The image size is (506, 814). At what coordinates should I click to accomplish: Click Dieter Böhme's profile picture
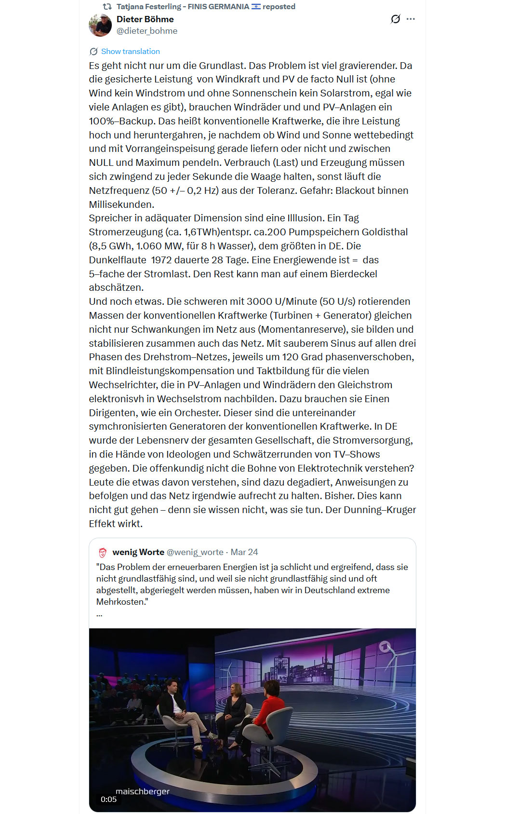pos(100,25)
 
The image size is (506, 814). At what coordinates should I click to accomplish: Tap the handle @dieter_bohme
pos(147,31)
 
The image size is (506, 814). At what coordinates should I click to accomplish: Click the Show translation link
pos(130,52)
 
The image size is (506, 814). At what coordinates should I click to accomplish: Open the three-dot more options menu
pos(411,19)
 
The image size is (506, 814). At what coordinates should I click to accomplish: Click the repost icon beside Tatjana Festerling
pos(107,7)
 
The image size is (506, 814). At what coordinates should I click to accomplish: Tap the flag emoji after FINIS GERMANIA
pos(256,7)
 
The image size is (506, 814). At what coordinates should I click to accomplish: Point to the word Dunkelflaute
pos(118,260)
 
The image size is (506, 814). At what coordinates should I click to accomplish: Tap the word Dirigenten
pos(114,413)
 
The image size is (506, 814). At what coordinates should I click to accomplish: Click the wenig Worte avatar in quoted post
pos(103,552)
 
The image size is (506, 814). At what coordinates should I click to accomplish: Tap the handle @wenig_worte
pos(195,552)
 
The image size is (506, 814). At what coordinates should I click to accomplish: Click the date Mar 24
pos(244,552)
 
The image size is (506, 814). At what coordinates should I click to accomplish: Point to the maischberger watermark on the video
pos(143,791)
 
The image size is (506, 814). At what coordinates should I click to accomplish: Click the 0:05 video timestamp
pos(108,799)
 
